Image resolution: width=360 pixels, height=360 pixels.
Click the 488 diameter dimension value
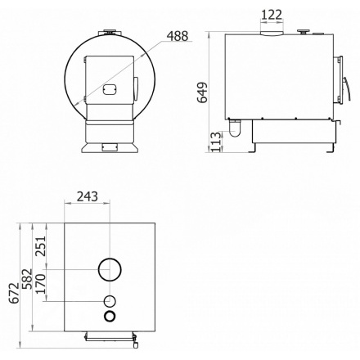point(178,36)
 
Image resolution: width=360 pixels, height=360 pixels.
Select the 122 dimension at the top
point(272,15)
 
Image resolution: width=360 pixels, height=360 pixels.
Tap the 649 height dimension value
point(202,92)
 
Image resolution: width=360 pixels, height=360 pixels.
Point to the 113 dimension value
point(216,142)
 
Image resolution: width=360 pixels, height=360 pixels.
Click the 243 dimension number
point(88,196)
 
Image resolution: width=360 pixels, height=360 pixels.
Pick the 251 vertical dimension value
point(41,246)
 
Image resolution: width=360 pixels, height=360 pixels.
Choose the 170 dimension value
point(41,284)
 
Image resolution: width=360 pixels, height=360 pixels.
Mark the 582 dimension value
point(27,279)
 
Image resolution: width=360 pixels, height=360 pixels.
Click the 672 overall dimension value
point(14,293)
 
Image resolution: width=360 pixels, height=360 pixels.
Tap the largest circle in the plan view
point(99,269)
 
